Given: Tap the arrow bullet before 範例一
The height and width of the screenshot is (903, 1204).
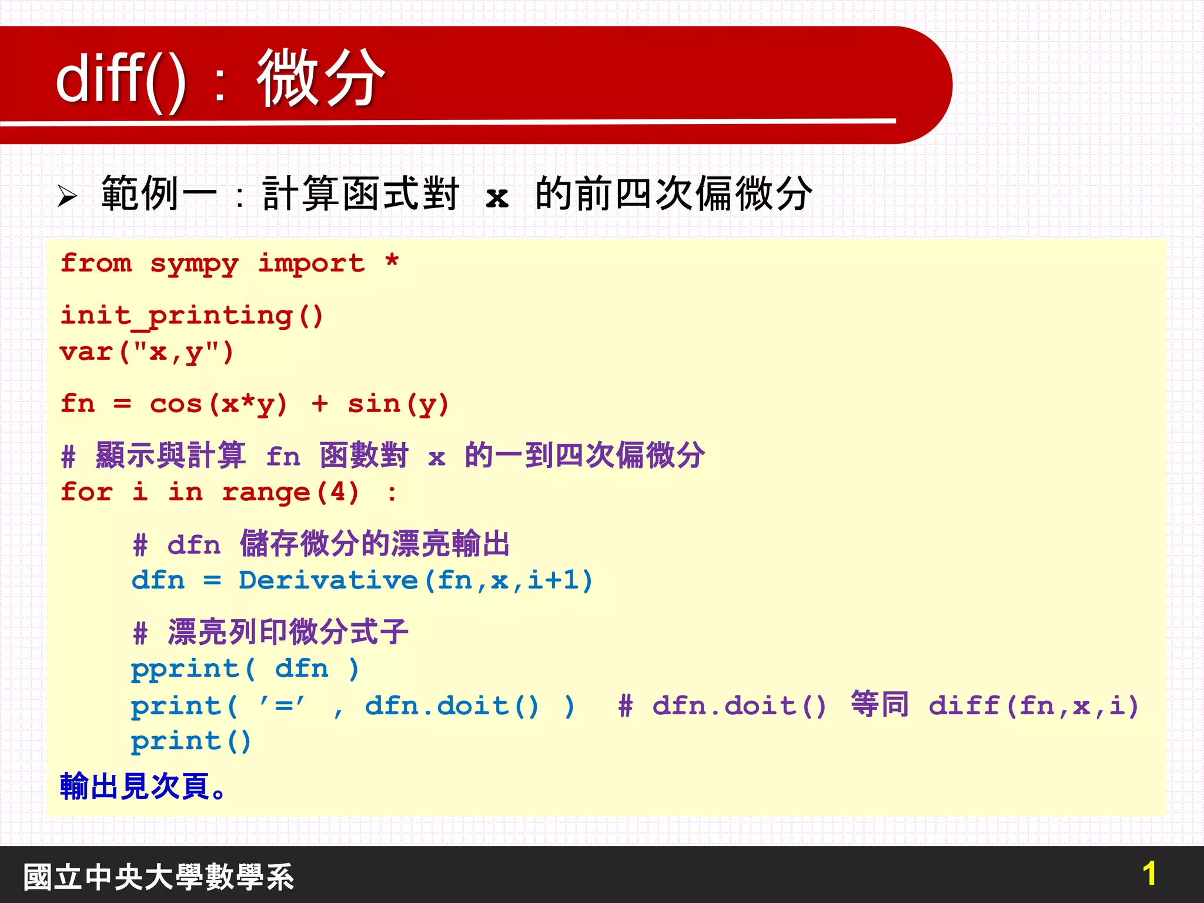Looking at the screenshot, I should (x=68, y=196).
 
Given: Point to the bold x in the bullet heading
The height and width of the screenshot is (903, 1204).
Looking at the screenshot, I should (x=497, y=197).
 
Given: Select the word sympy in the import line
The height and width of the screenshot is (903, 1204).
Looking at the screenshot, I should (x=194, y=264).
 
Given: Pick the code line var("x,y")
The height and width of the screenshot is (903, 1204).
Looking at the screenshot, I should (x=147, y=353).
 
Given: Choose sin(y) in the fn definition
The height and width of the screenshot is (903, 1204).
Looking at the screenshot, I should (x=398, y=404).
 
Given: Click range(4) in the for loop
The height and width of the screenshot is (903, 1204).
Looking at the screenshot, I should (x=290, y=493).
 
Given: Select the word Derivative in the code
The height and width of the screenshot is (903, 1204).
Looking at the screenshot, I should (x=328, y=581).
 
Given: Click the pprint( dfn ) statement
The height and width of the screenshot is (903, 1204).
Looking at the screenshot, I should (x=245, y=669).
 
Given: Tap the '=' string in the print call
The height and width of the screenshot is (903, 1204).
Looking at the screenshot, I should (x=283, y=705).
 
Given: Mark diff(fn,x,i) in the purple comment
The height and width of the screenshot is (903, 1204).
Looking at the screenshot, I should (x=1034, y=705).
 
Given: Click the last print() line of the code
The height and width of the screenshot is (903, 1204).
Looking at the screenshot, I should (x=191, y=741).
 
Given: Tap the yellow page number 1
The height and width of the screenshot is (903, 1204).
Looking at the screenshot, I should (x=1149, y=874).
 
